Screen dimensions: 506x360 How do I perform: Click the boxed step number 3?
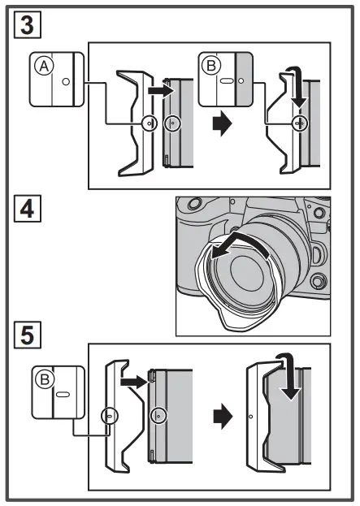pyautogui.click(x=26, y=25)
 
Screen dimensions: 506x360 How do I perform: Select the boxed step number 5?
pyautogui.click(x=26, y=334)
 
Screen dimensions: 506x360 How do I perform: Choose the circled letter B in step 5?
pyautogui.click(x=42, y=379)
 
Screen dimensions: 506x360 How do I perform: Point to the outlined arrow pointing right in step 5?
pyautogui.click(x=131, y=378)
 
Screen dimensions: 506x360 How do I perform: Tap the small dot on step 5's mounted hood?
pyautogui.click(x=250, y=417)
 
